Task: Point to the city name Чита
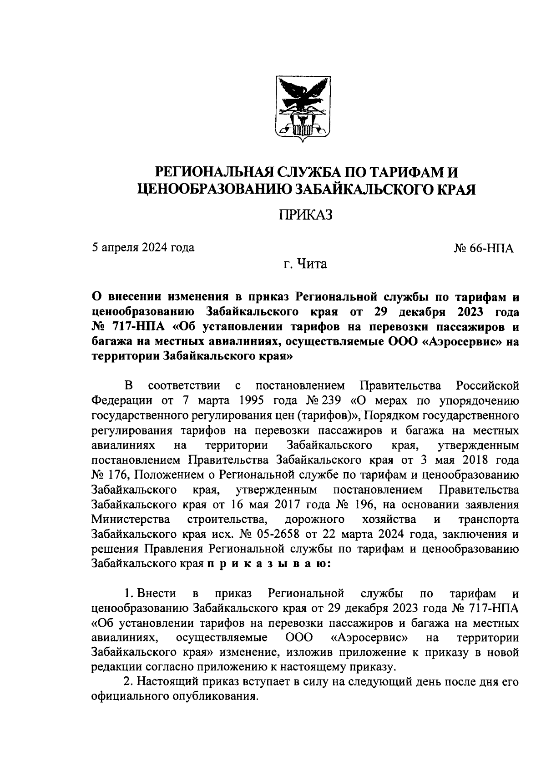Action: [312, 264]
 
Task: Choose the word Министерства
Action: [131, 520]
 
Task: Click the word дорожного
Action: [314, 520]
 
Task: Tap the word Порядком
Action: [390, 415]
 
